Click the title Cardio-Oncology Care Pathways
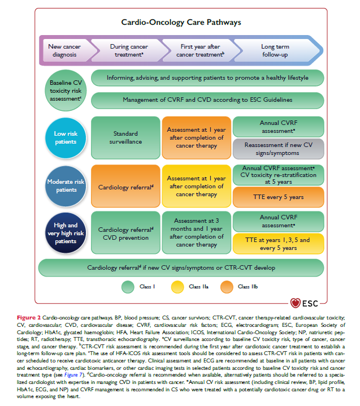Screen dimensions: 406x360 tap(181, 23)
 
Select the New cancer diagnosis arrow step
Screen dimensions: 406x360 tap(63, 50)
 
